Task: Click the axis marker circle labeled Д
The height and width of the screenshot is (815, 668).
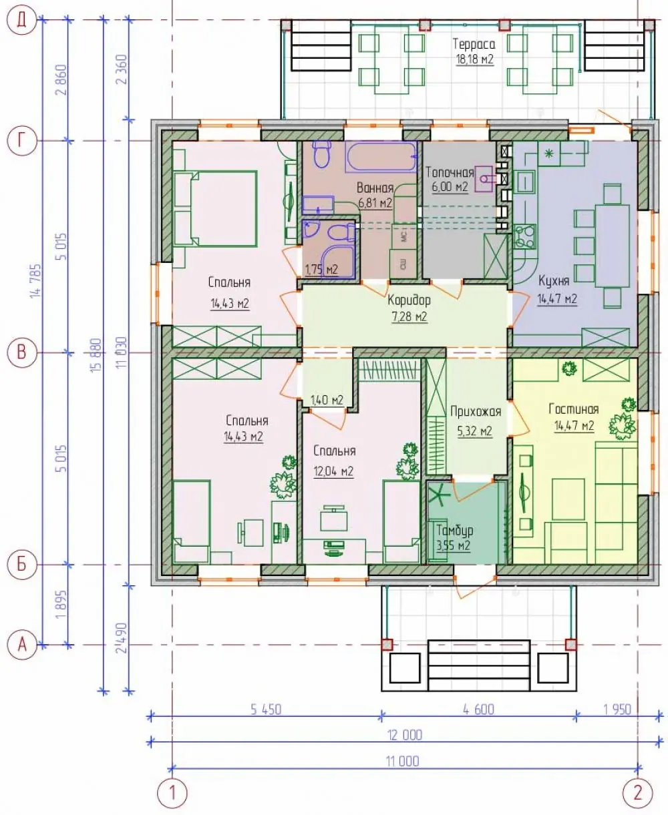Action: [21, 20]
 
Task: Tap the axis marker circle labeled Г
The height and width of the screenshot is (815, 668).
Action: [21, 141]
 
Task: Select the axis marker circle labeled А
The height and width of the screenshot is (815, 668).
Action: [21, 645]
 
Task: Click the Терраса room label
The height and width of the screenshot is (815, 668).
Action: [474, 44]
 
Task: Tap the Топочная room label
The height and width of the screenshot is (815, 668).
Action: [450, 172]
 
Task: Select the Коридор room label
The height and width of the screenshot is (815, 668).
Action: [409, 300]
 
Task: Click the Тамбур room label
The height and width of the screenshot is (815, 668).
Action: [454, 531]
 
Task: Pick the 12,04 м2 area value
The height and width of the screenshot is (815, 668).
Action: [333, 471]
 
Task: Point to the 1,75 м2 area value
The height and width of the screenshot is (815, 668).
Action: [321, 270]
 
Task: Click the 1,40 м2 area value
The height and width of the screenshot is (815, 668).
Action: [327, 400]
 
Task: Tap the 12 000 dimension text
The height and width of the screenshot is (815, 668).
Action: [405, 735]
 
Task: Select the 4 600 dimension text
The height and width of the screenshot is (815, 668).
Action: [478, 710]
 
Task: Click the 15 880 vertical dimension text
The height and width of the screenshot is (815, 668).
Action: [97, 354]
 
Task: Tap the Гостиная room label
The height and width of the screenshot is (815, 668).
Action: [574, 409]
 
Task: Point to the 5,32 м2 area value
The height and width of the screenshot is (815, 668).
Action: [474, 431]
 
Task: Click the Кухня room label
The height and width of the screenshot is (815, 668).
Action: [554, 281]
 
